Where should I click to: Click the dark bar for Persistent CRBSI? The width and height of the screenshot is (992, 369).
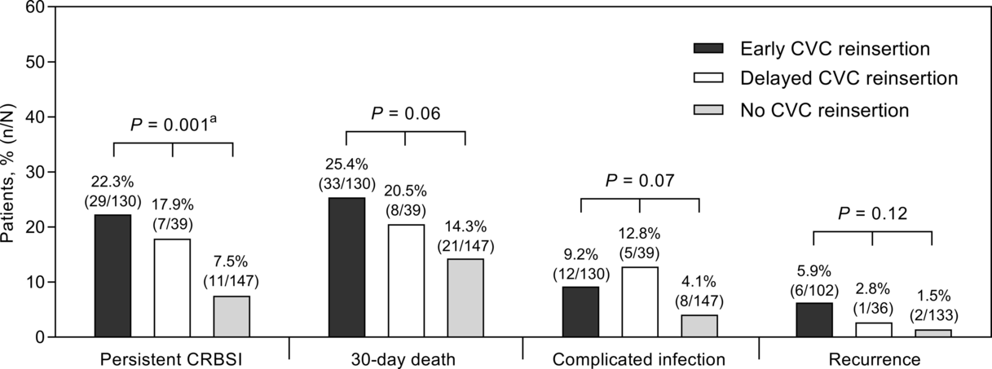(x=112, y=275)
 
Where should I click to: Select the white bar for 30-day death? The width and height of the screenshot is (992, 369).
(x=405, y=280)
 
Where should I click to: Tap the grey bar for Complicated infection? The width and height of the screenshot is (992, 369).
(x=699, y=326)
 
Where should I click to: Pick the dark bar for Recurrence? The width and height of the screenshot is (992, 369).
(x=813, y=319)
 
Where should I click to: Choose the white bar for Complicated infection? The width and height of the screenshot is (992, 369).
(x=640, y=301)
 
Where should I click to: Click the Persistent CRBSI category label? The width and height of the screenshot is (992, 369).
(x=172, y=358)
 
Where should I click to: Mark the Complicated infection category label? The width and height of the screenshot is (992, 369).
(x=640, y=358)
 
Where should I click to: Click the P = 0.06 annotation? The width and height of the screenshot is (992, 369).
(x=405, y=114)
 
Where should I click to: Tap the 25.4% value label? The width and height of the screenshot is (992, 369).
(x=346, y=167)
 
